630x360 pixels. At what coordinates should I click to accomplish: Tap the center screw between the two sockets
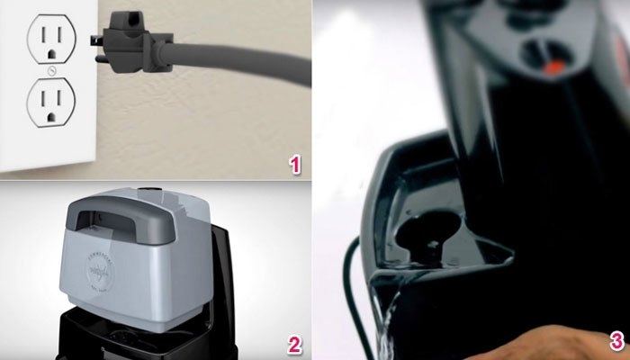(51, 69)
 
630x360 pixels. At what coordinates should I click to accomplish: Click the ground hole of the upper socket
(51, 53)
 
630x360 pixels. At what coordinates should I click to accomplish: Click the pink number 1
(293, 164)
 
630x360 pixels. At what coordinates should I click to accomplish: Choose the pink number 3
(616, 341)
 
